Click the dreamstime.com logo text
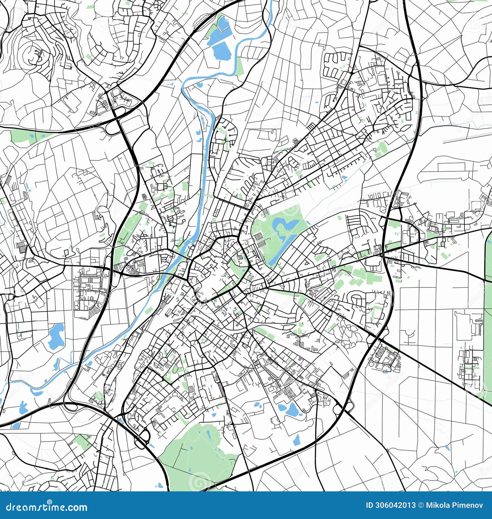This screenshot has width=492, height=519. click(x=47, y=507)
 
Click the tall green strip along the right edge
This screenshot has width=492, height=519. click(x=488, y=316)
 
